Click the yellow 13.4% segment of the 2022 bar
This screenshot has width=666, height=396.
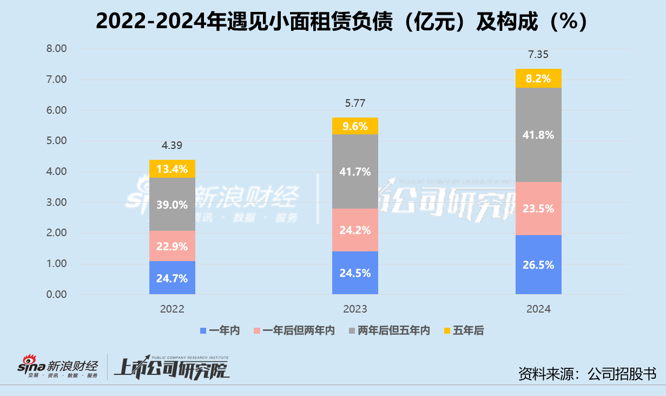coord(172,169)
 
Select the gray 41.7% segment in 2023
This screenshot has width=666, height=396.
coord(355,172)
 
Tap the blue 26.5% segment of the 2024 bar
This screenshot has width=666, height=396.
coord(538,265)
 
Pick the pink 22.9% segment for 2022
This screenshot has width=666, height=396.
coord(172,246)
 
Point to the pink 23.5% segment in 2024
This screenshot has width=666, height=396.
coord(538,209)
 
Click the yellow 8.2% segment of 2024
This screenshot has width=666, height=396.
coord(538,79)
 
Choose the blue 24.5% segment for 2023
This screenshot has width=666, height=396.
coord(355,273)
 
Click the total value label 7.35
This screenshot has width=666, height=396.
coord(538,55)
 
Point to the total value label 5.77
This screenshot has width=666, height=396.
coord(355,103)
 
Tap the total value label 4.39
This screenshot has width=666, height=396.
coord(172,146)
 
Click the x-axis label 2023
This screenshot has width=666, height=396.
coord(355,309)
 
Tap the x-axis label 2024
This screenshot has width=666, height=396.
coord(538,309)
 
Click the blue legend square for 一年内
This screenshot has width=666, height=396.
coord(203,330)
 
